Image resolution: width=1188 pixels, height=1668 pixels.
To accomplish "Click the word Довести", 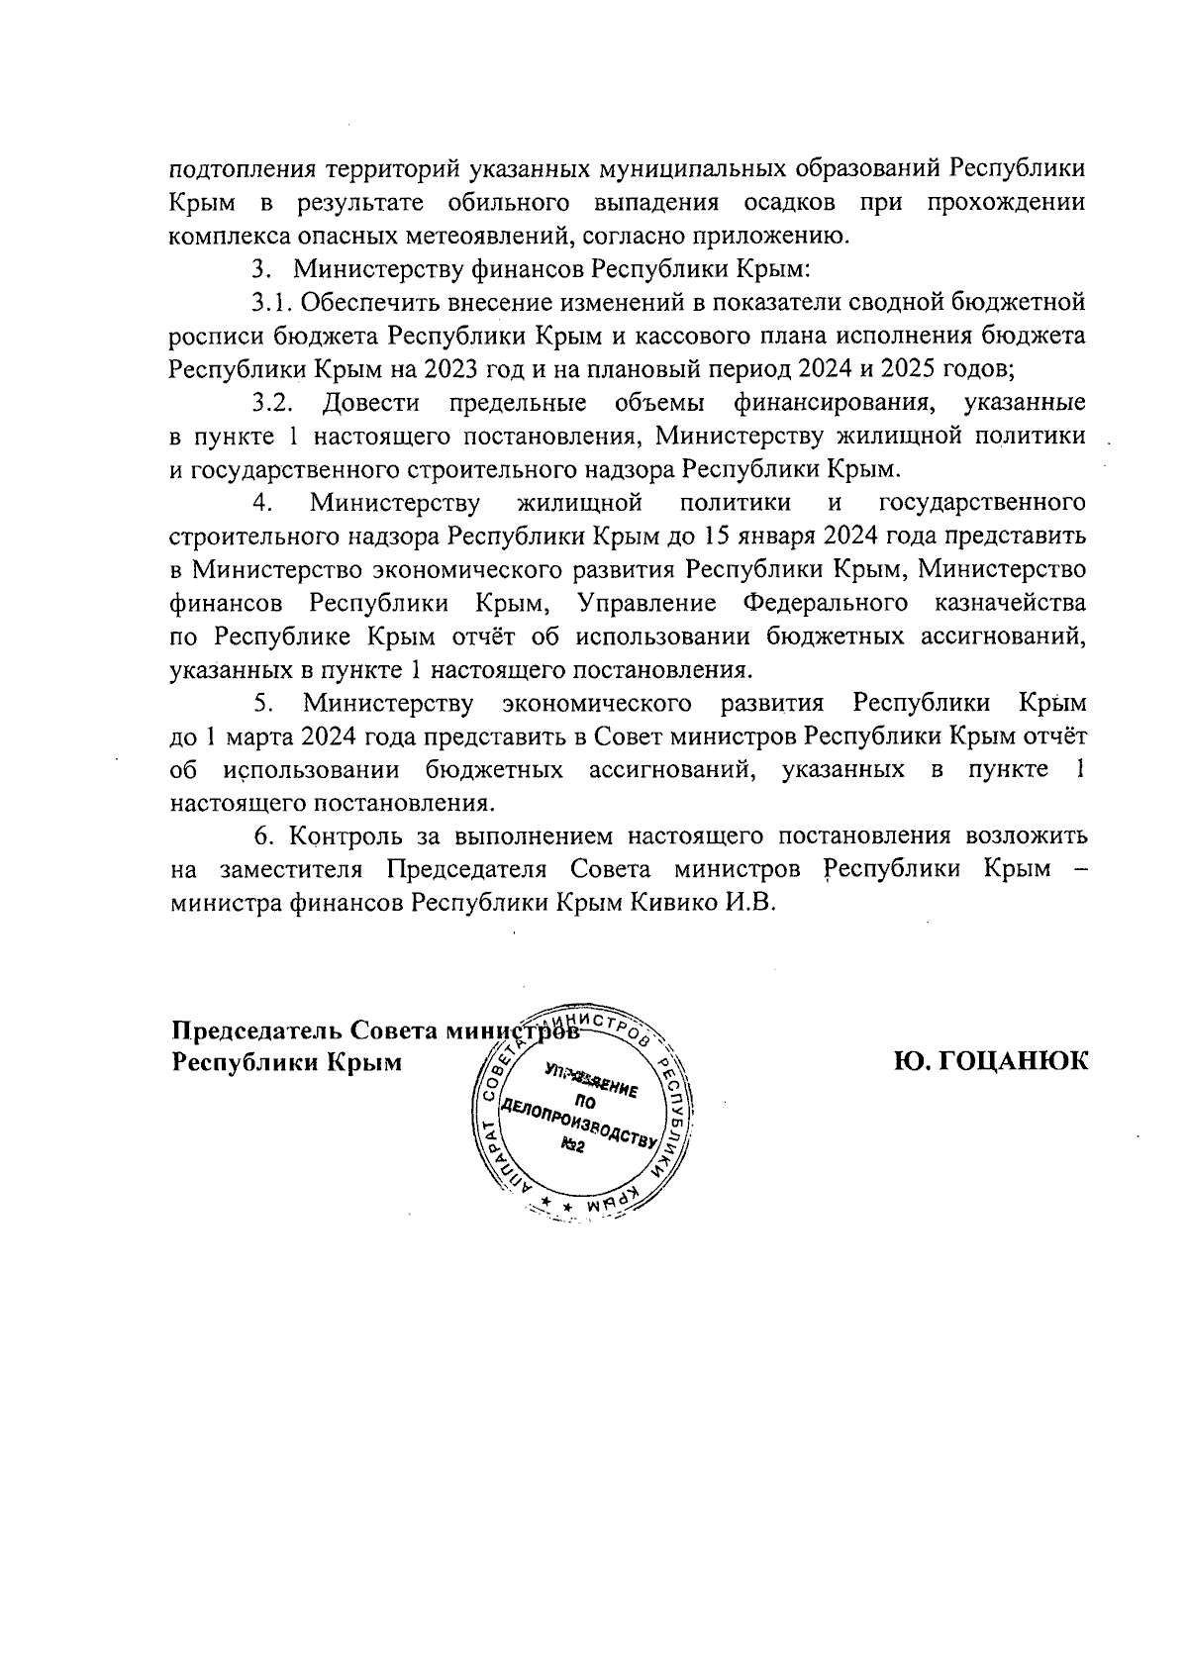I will pyautogui.click(x=371, y=403).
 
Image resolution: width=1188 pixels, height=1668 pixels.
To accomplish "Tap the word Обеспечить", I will pyautogui.click(x=370, y=302).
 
